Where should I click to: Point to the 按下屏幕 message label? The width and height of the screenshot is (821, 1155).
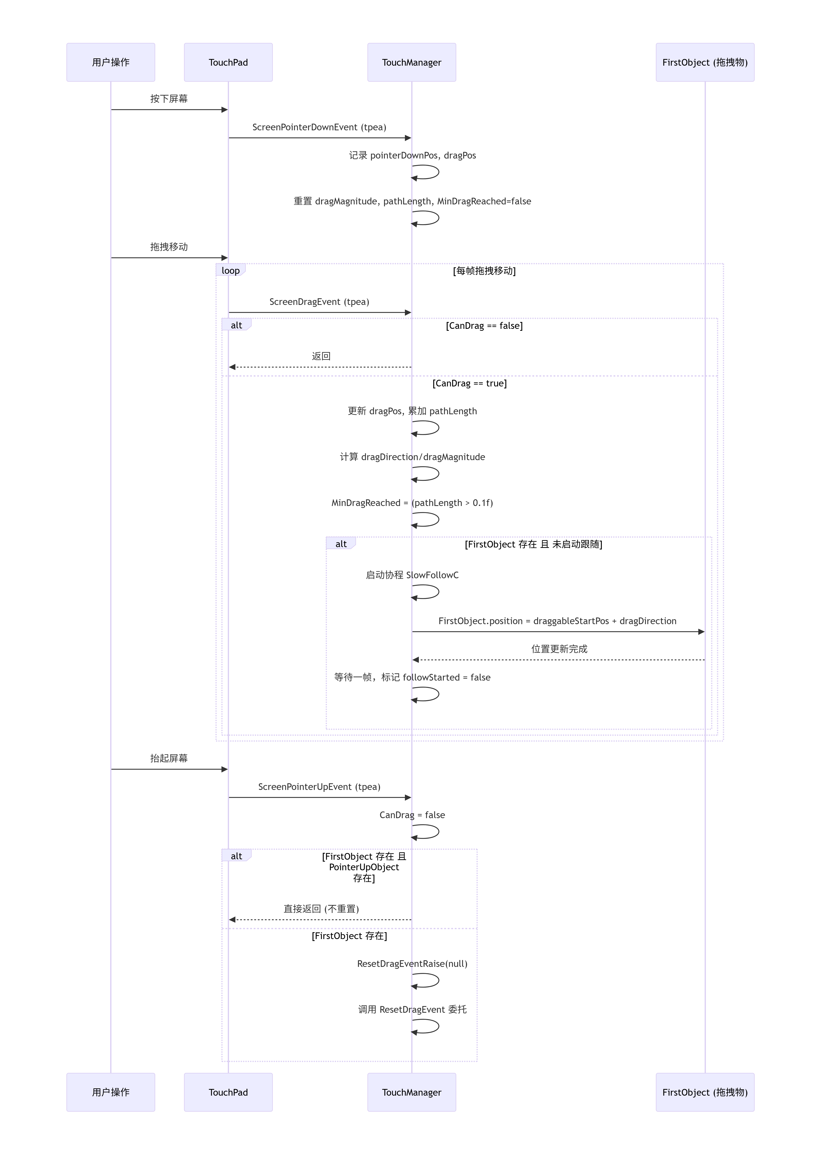[x=169, y=99]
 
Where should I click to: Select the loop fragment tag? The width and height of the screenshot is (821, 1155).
[x=230, y=270]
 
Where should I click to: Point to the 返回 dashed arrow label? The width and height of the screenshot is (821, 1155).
[x=321, y=356]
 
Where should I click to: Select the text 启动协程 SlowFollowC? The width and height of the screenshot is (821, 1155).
[x=412, y=575]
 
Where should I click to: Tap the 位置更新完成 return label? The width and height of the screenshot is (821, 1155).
[x=559, y=649]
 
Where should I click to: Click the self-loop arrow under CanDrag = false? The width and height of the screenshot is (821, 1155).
[x=426, y=831]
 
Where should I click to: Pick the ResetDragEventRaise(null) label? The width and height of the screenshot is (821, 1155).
[x=412, y=963]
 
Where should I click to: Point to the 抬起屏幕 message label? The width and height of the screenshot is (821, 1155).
[x=169, y=758]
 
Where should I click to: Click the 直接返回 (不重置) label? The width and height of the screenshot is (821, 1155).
[x=321, y=909]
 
